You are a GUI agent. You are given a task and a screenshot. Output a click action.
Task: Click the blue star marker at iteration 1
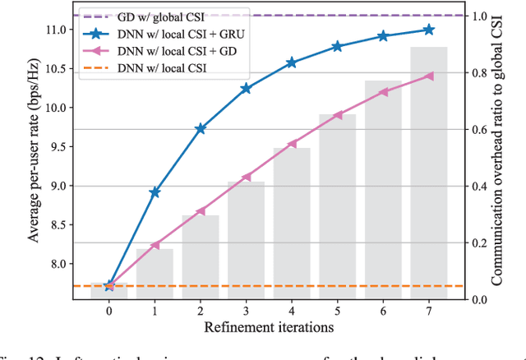coord(155,192)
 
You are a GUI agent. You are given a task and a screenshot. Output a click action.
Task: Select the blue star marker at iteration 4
coord(292,62)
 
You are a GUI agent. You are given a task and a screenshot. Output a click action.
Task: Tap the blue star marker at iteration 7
coord(429,30)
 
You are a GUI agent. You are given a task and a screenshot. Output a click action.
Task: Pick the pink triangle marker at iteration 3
coord(246,177)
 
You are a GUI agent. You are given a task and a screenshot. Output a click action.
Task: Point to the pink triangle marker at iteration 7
coord(429,76)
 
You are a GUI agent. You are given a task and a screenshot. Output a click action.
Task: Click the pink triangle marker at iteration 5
coord(338,115)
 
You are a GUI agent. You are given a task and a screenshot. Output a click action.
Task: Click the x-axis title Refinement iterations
coord(269,328)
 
